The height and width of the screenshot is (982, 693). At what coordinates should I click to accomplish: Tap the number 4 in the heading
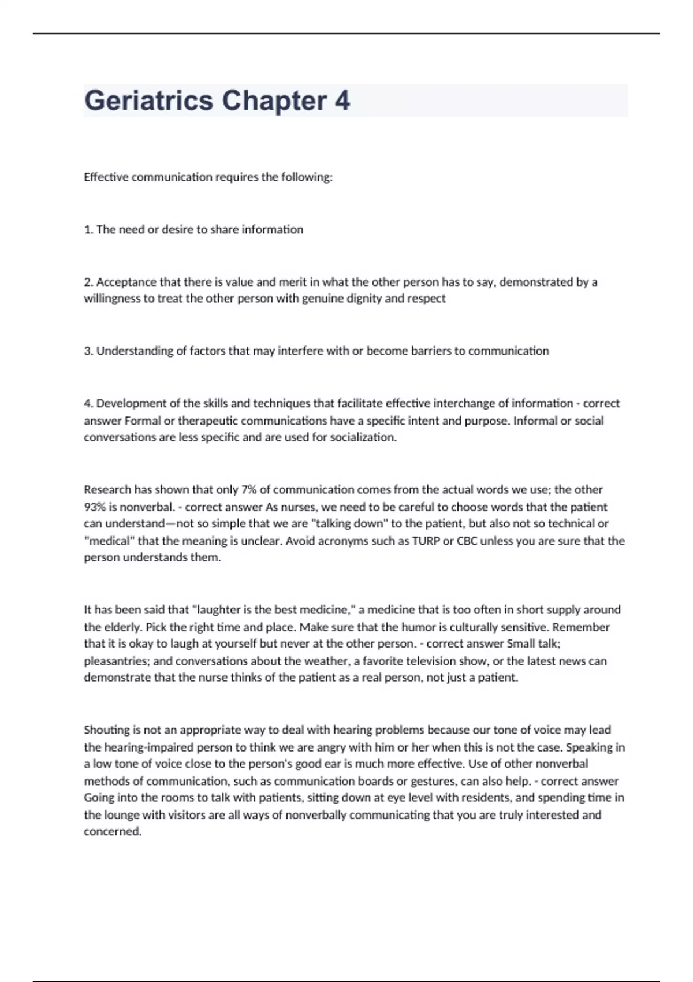point(342,101)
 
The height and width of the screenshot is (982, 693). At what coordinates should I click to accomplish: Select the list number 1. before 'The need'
point(88,229)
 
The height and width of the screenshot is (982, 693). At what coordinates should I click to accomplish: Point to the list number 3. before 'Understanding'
point(88,351)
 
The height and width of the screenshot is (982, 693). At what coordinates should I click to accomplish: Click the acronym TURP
point(426,541)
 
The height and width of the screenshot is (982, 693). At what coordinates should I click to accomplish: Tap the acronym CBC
point(467,541)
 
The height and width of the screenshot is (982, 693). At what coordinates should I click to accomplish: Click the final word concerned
point(113,832)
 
